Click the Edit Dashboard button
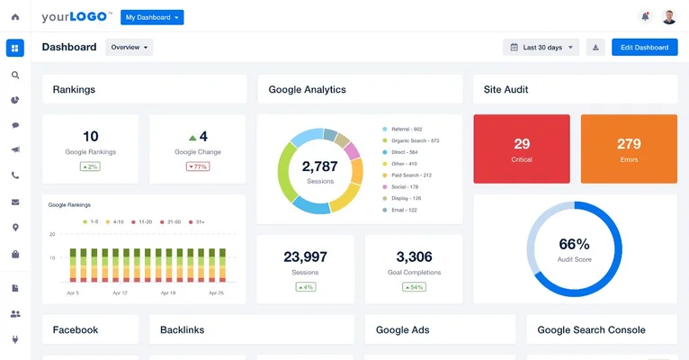click(644, 48)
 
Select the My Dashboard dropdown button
click(152, 17)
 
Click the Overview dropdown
click(129, 48)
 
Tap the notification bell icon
click(644, 16)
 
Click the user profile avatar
click(669, 16)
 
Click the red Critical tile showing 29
click(522, 148)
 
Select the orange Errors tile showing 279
click(629, 148)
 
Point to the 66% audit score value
click(574, 244)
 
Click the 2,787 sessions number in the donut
click(319, 166)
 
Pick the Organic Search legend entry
click(414, 140)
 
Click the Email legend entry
click(402, 210)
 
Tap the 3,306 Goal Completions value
click(414, 257)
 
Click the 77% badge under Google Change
click(197, 166)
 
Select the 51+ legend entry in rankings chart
click(198, 220)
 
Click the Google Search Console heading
click(591, 330)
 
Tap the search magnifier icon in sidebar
click(15, 75)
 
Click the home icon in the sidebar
click(15, 17)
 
